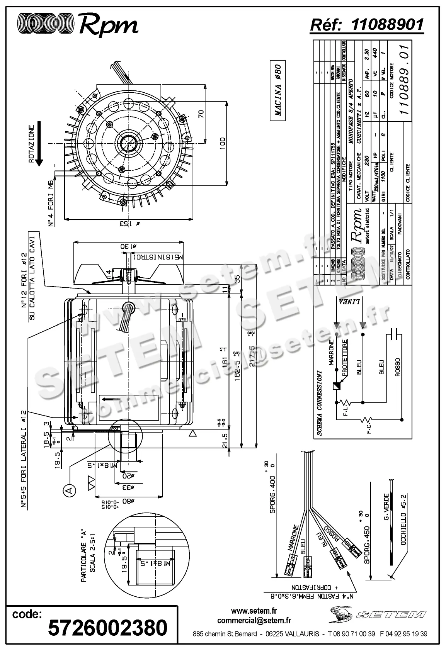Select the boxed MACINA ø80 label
tap(278, 91)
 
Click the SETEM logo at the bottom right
tap(378, 614)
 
